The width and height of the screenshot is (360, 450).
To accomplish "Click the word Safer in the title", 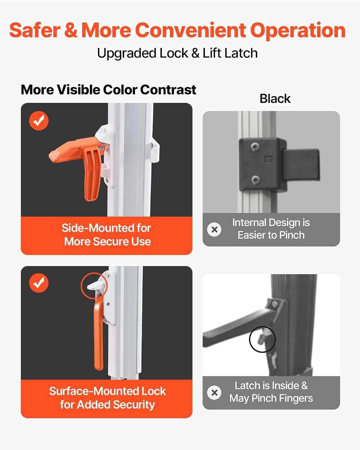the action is pos(35,30).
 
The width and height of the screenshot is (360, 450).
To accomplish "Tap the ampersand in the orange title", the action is pos(71,30).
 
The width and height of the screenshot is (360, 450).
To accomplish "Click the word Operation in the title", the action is pos(298,31).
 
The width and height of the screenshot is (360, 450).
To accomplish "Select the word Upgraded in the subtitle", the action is pos(127,53).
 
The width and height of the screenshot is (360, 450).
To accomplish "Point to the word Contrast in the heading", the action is pos(168,90).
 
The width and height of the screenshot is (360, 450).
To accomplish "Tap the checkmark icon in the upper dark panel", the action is pos(39,121).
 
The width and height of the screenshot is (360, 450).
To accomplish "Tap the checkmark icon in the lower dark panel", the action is pos(39,283).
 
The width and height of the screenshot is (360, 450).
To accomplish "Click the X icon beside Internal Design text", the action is pos(214,229).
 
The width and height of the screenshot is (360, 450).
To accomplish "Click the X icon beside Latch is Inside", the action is pos(214,393).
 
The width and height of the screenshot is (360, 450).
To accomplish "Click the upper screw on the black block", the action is pos(254,147).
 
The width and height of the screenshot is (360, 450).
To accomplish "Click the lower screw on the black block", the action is pos(255,180).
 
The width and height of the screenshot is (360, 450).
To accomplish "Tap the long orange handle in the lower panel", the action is pos(98,334).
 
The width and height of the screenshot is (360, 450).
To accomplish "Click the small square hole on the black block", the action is pos(269,159).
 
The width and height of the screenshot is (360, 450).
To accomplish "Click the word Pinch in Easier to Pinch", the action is pos(292,235).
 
